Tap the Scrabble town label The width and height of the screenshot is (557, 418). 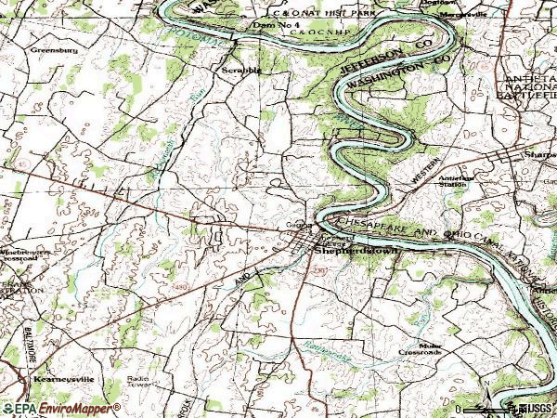pos(241,70)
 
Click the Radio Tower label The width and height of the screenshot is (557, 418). pos(138,381)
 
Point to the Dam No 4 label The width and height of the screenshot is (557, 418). pos(276,25)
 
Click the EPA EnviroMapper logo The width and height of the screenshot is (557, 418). pos(60,408)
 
